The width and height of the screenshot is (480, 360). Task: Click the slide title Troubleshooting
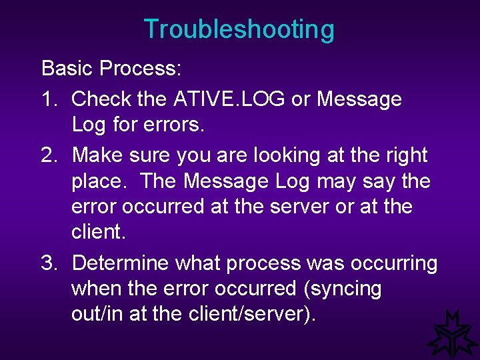(x=239, y=30)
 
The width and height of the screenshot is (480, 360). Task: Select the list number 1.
(x=50, y=99)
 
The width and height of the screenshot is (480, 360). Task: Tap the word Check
(x=101, y=99)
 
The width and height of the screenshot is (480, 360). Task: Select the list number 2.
(x=50, y=155)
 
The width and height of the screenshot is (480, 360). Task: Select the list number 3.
(x=50, y=263)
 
